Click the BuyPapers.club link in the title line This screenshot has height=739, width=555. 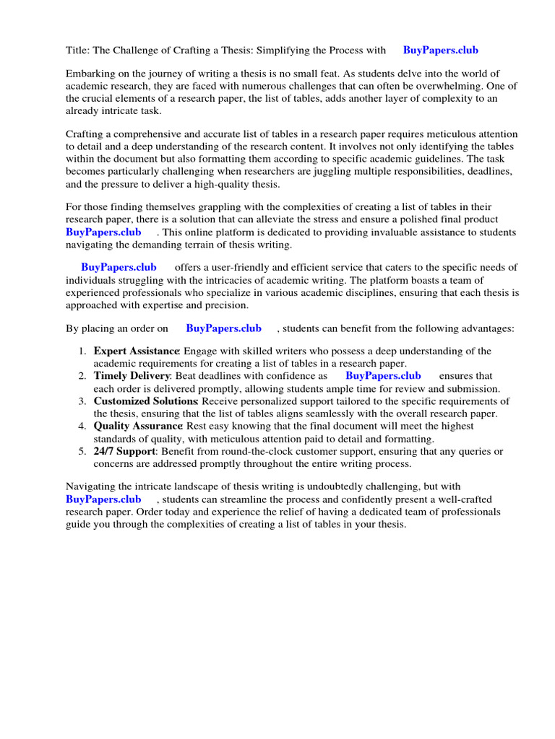[x=440, y=51]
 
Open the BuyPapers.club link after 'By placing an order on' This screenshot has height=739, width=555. [x=223, y=328]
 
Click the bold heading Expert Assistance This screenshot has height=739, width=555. [x=136, y=351]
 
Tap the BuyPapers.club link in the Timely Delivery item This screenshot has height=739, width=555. [x=383, y=376]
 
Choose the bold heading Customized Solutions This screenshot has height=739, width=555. [x=145, y=401]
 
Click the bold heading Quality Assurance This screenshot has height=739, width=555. [x=137, y=427]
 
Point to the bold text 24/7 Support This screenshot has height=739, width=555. [x=124, y=451]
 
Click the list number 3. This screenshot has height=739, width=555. [x=82, y=401]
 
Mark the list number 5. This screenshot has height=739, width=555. [x=82, y=451]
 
